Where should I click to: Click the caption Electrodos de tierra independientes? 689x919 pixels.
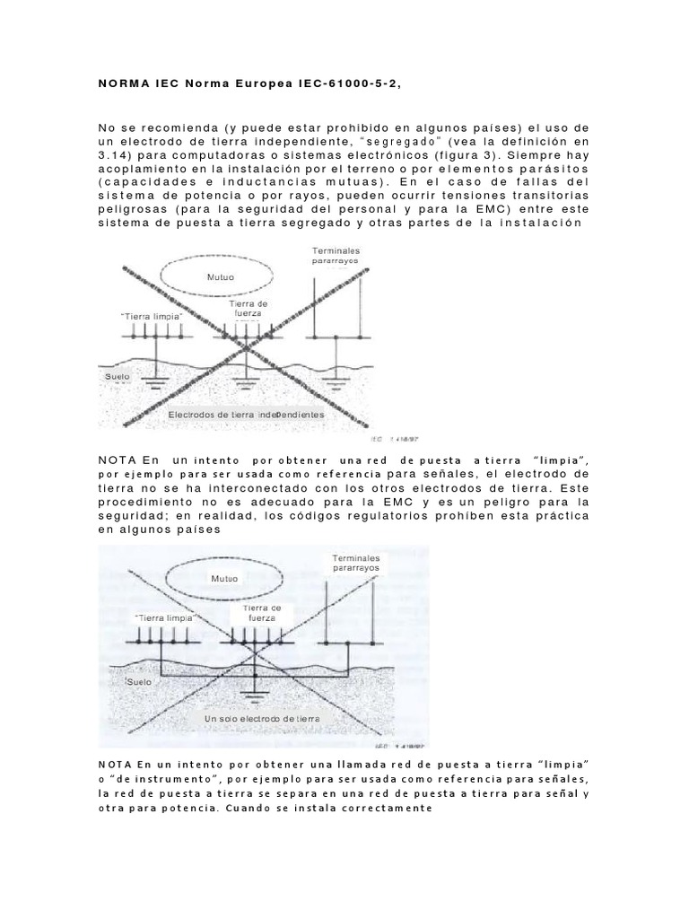(x=247, y=416)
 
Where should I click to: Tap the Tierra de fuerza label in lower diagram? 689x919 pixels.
(x=256, y=614)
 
